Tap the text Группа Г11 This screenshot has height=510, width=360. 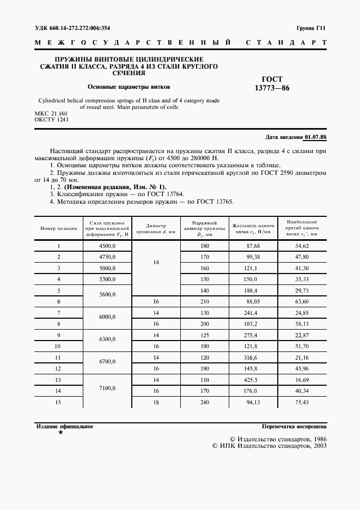tap(311, 28)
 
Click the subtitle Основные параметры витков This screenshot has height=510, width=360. tap(129, 86)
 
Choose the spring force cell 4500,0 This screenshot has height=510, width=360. tap(107, 246)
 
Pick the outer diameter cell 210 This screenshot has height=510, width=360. tap(205, 302)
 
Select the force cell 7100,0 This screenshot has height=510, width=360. tap(107, 388)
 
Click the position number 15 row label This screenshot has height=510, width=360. tap(58, 402)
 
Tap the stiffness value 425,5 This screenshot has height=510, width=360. tap(254, 379)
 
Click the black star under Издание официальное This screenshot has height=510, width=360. tap(60, 432)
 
